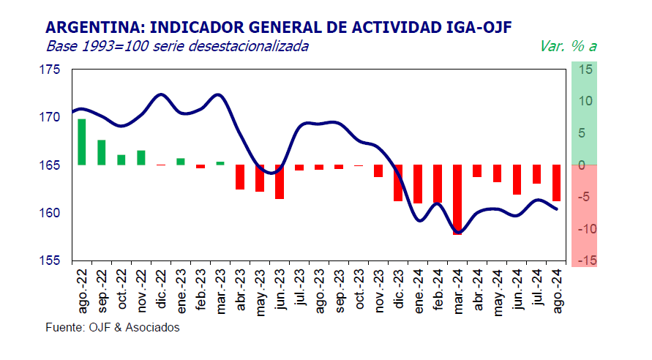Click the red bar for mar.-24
coord(457,199)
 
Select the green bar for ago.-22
coord(81,142)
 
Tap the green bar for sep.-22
coord(102,152)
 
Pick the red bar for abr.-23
coord(240,177)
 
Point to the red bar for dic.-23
coord(398,183)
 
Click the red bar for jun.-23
coord(280,181)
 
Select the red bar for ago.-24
coord(556,183)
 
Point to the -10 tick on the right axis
coord(586,229)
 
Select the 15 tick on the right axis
coord(587,70)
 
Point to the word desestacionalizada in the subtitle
coord(248,46)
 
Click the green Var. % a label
coord(568,46)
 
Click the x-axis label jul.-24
coord(536,290)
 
